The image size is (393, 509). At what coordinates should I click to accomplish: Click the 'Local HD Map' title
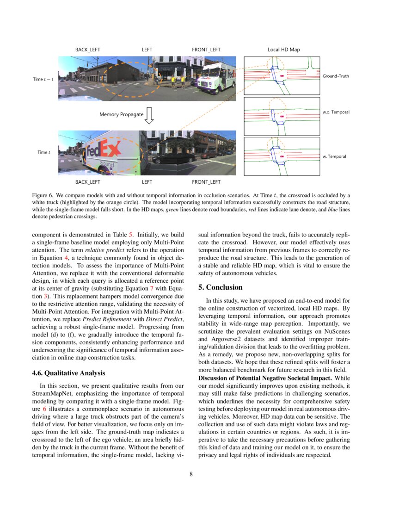pyautogui.click(x=282, y=50)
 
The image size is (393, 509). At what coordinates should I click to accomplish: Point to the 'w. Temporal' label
pyautogui.click(x=334, y=156)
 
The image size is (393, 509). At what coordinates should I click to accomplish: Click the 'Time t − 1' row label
pyautogui.click(x=43, y=80)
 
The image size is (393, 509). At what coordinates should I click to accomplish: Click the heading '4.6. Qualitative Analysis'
pyautogui.click(x=69, y=372)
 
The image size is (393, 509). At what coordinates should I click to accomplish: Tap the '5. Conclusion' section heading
pyautogui.click(x=221, y=287)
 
